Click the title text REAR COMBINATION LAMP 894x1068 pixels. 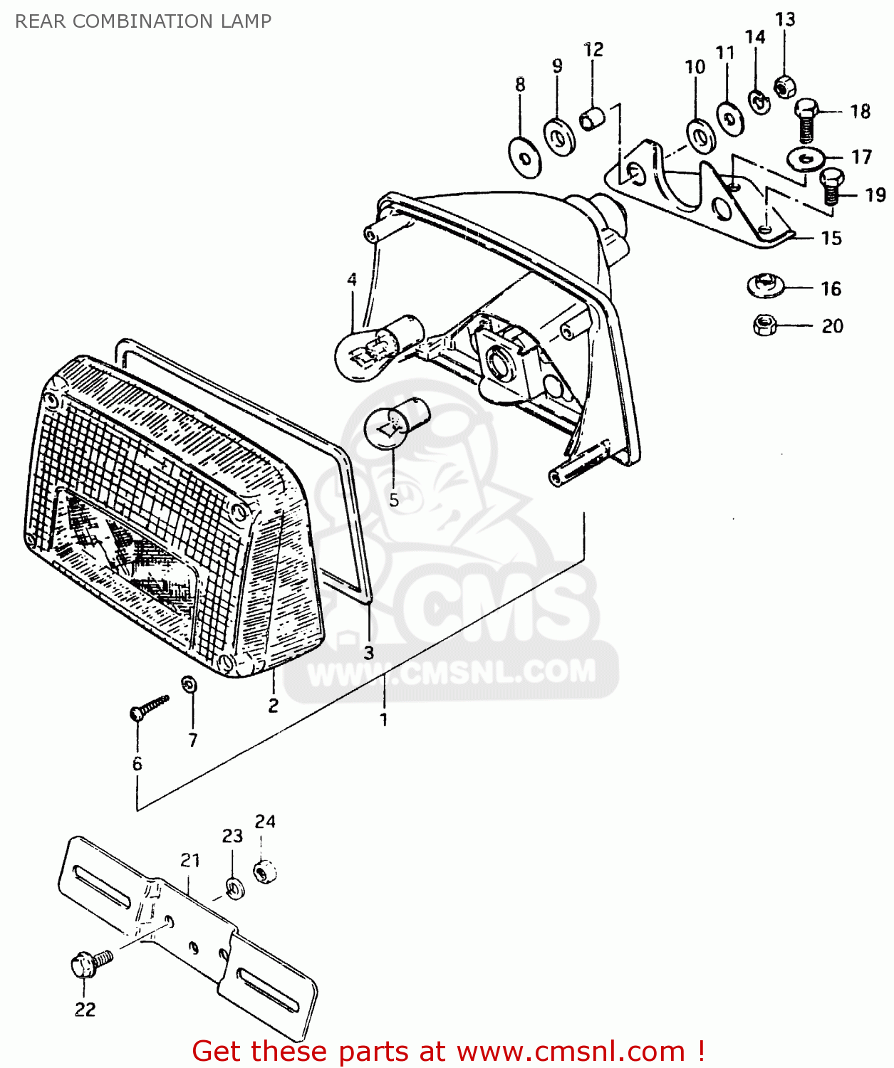143,21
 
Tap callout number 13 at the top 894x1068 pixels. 785,19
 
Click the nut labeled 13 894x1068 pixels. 784,87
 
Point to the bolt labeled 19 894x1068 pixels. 831,187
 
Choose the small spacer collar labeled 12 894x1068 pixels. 592,118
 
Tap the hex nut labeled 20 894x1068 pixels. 764,325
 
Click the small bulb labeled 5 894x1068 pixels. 394,424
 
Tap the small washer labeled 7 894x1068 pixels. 189,684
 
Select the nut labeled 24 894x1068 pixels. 265,871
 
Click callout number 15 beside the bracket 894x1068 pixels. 831,238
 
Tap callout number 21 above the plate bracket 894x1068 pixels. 190,860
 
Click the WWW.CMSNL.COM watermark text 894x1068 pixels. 451,672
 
